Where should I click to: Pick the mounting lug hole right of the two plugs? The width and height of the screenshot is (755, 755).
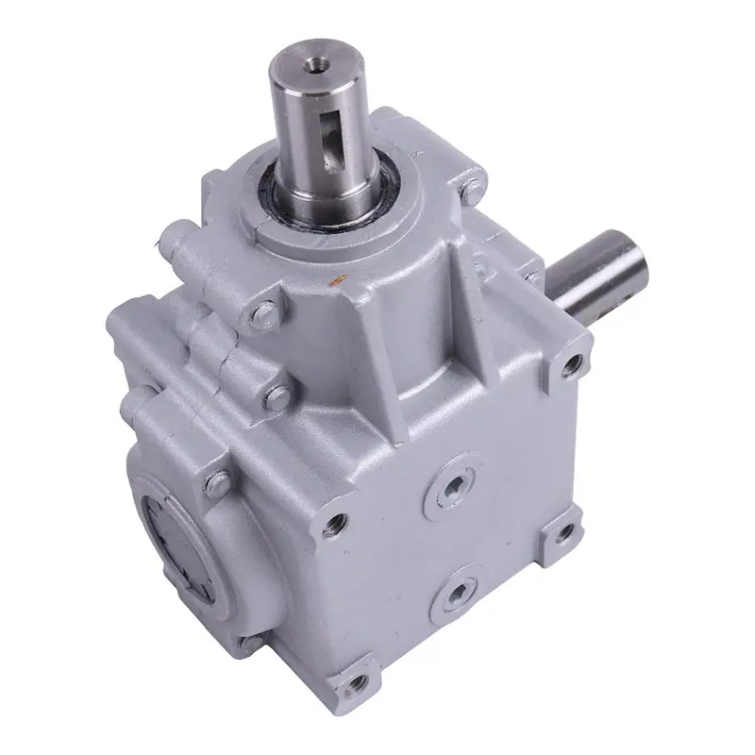[565, 535]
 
